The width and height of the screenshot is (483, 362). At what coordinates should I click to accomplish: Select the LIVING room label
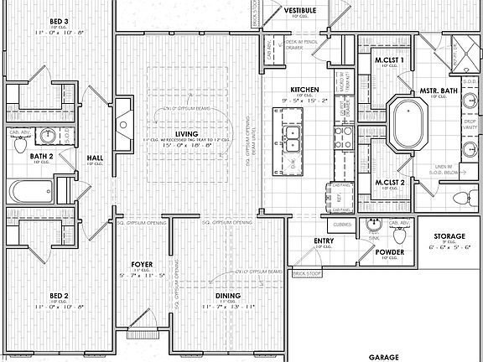(198, 133)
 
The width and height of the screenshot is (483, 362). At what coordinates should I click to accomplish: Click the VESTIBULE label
(299, 10)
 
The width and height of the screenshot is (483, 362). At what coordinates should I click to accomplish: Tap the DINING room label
(227, 296)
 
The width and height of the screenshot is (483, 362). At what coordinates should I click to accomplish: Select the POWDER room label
(390, 252)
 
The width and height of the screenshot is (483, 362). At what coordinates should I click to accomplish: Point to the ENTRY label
(325, 241)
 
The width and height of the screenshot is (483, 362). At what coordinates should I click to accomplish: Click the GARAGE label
(385, 356)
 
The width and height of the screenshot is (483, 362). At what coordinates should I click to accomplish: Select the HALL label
(95, 156)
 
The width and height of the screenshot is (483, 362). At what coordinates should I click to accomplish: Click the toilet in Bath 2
(20, 144)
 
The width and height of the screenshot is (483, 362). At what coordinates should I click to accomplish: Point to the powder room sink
(372, 225)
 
